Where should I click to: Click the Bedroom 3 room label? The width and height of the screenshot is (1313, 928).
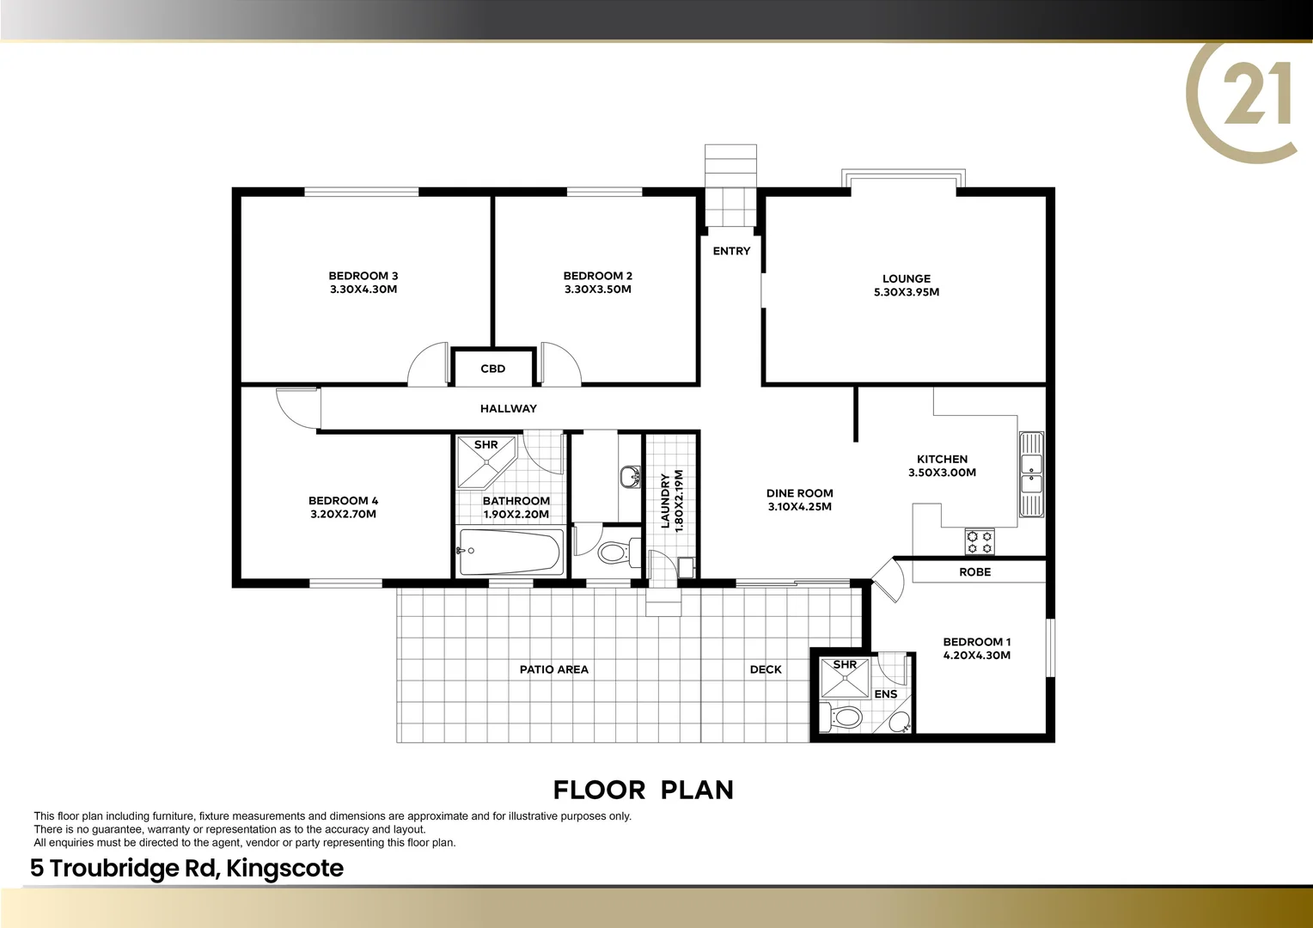click(363, 276)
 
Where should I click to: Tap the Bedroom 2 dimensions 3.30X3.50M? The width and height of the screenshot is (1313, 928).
click(597, 290)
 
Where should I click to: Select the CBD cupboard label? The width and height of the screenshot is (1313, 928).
click(492, 369)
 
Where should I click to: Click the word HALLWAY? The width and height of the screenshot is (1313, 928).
click(508, 409)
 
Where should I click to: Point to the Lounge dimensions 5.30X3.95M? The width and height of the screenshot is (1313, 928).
click(906, 292)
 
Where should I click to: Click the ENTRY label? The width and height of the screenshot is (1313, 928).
click(731, 251)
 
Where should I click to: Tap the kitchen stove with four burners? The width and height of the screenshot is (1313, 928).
click(980, 542)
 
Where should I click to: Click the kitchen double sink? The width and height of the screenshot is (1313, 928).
click(1030, 473)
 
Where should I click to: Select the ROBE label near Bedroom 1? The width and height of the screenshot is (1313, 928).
click(974, 572)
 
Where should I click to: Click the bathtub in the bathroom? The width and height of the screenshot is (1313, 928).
click(510, 552)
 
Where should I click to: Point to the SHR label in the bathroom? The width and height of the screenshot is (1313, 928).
click(486, 445)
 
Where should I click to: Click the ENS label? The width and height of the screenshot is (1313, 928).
click(885, 694)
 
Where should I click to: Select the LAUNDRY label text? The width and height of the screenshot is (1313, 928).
click(665, 500)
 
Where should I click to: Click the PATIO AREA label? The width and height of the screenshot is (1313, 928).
click(553, 669)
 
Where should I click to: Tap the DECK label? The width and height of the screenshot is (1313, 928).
click(765, 669)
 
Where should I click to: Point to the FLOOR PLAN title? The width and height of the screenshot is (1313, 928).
click(643, 790)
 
